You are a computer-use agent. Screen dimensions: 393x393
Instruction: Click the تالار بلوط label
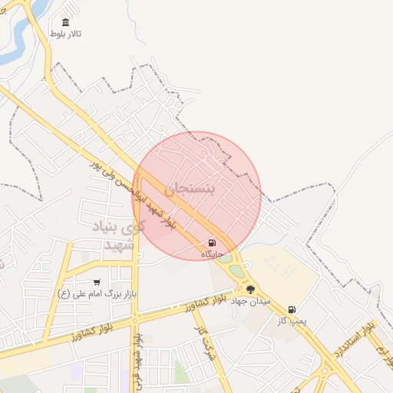[x=65, y=34]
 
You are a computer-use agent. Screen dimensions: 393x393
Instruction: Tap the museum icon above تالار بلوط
[x=64, y=22]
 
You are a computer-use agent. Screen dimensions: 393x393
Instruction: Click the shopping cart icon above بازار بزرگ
[x=97, y=282]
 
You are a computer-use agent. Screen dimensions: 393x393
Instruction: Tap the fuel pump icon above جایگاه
[x=213, y=243]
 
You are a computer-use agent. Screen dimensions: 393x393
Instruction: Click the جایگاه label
[x=213, y=254]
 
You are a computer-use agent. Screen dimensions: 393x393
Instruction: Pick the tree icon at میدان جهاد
[x=250, y=289]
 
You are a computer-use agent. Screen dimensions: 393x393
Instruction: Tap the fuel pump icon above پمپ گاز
[x=292, y=310]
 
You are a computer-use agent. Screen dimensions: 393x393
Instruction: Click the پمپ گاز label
[x=292, y=322]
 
